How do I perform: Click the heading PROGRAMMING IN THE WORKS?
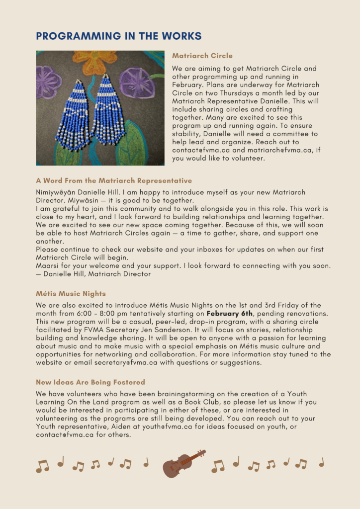pos(119,36)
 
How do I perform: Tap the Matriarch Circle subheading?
pos(202,56)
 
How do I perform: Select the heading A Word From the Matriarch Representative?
pos(114,180)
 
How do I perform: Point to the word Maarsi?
pos(47,265)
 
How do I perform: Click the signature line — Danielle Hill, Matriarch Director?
pos(93,273)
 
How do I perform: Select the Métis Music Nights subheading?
pos(71,294)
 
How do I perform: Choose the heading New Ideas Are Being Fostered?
pos(90,382)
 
